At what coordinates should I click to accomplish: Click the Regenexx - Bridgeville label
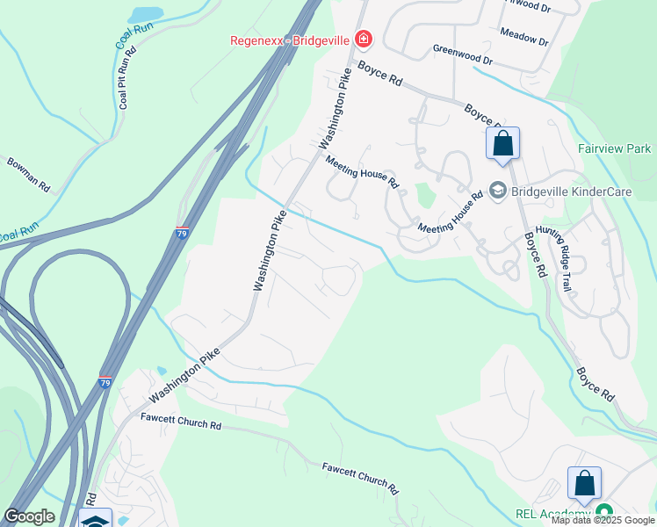click(x=290, y=40)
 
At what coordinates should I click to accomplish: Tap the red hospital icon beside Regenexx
click(x=362, y=40)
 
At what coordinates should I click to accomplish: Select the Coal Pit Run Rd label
click(x=127, y=78)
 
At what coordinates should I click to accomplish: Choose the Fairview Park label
click(x=615, y=148)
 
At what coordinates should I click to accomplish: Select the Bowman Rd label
click(x=29, y=175)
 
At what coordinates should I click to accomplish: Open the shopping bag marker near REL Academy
click(x=584, y=484)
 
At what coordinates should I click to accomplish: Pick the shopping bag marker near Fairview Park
click(x=502, y=144)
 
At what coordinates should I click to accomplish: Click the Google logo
click(x=29, y=516)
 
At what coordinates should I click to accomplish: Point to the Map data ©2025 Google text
click(x=603, y=520)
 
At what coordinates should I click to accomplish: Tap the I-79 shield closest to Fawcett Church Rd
click(x=105, y=382)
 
